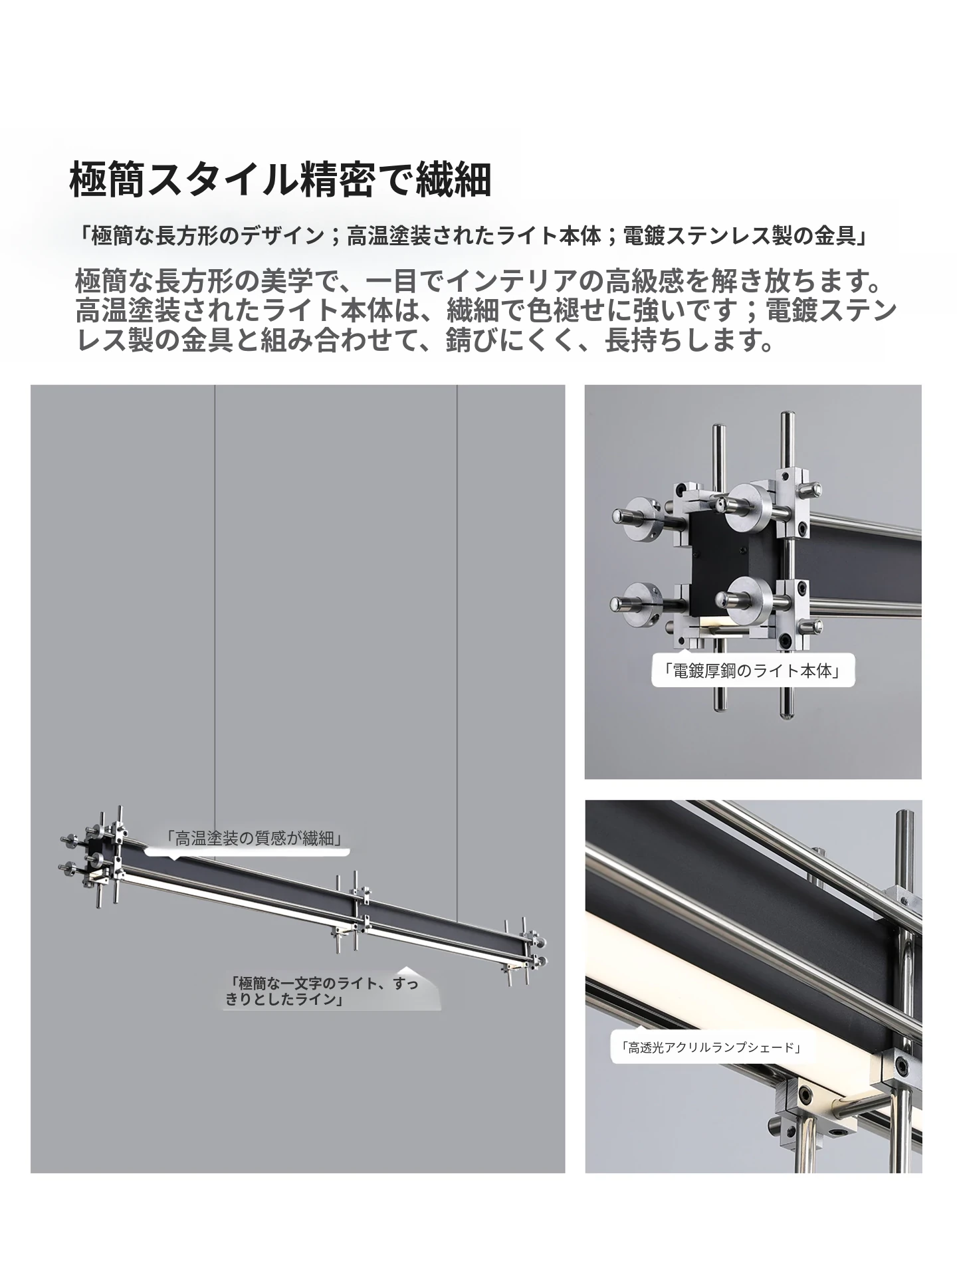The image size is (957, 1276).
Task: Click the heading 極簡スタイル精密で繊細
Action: click(x=280, y=179)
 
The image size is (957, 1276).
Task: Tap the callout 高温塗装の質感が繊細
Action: click(x=257, y=838)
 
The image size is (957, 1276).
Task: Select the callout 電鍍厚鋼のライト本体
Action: click(x=752, y=671)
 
